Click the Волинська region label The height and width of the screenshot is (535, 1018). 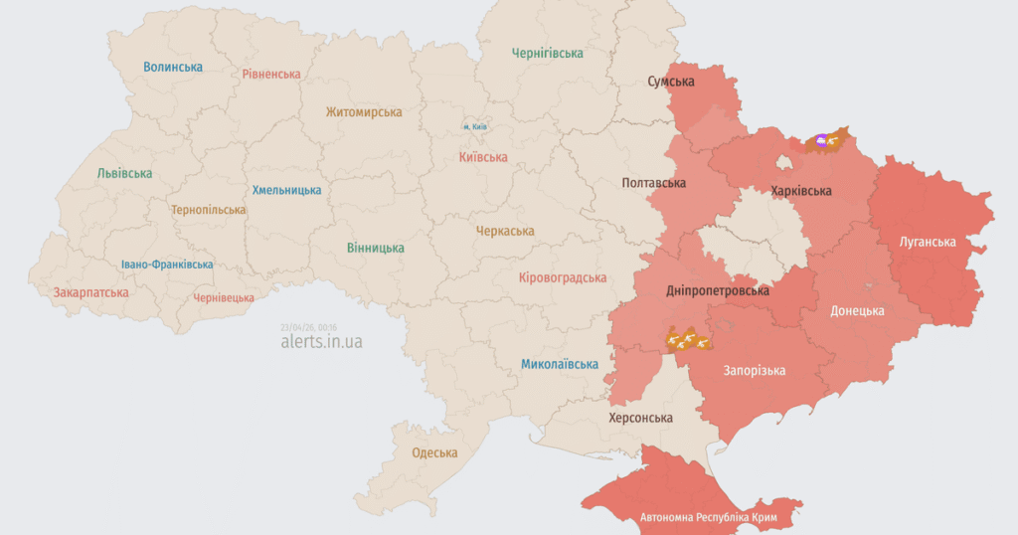(172, 67)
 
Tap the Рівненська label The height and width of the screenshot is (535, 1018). (271, 74)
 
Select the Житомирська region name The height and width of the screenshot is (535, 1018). (364, 113)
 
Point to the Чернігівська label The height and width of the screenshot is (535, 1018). (547, 53)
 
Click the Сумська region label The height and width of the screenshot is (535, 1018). (671, 82)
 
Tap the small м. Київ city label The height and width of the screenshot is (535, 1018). (474, 126)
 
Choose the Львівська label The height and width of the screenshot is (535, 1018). (124, 173)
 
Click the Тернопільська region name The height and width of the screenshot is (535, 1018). (208, 210)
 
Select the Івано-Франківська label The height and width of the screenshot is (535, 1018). (167, 265)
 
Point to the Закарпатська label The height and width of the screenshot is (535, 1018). (91, 292)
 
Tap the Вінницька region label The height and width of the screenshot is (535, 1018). (376, 248)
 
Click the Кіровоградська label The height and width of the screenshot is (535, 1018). (563, 278)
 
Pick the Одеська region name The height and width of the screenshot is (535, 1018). (434, 452)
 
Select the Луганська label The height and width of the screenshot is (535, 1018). (927, 242)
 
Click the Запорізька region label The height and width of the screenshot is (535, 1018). (755, 371)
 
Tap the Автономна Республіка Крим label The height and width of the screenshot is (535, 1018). (708, 518)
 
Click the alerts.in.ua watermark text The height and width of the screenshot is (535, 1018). (321, 341)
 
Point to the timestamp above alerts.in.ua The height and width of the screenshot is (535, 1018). (309, 326)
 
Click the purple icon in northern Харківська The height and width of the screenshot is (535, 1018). (821, 142)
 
